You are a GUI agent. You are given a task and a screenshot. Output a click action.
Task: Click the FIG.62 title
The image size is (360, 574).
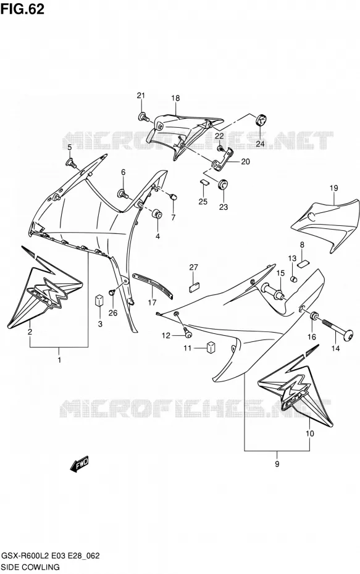click(x=23, y=9)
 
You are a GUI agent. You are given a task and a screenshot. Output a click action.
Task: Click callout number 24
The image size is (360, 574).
click(x=260, y=144)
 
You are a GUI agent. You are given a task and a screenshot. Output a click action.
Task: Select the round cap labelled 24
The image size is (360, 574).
click(x=261, y=120)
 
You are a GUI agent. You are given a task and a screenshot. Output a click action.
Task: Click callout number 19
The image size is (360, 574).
click(x=333, y=188)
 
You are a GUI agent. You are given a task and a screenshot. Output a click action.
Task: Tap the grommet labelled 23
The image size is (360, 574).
click(x=222, y=184)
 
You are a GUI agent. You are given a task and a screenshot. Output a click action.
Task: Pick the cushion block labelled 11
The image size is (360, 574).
click(x=211, y=347)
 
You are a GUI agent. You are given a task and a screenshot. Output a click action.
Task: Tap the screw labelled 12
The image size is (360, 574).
click(x=188, y=333)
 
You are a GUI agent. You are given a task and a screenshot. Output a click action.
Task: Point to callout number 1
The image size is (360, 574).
click(x=59, y=360)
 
